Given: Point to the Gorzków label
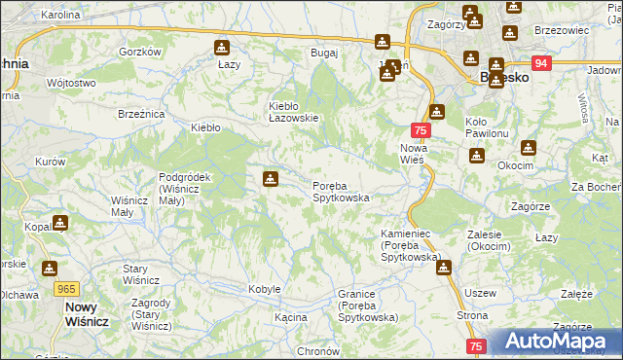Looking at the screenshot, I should click(x=138, y=52).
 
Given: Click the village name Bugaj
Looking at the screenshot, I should click(x=323, y=53).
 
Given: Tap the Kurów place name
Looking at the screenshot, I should click(x=50, y=162).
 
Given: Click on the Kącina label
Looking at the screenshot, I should click(x=290, y=317).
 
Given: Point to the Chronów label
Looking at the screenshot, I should click(x=316, y=351).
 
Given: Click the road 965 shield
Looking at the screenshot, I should click(x=67, y=289).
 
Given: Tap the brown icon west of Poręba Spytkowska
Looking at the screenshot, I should click(x=270, y=179).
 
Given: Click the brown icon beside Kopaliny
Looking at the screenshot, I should click(x=62, y=224).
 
